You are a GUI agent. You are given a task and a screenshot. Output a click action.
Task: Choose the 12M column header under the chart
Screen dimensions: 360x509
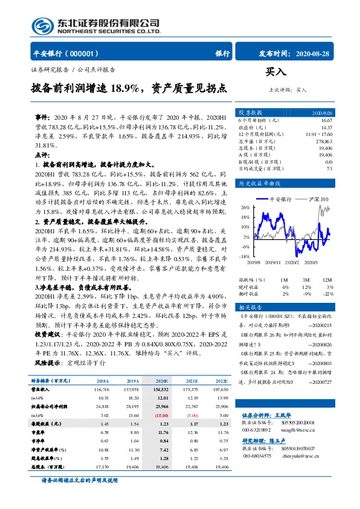click(x=326, y=280)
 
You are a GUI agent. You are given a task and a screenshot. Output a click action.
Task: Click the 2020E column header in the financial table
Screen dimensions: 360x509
click(x=162, y=381)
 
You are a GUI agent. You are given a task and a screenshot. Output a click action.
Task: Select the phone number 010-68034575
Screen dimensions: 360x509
click(x=259, y=456)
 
